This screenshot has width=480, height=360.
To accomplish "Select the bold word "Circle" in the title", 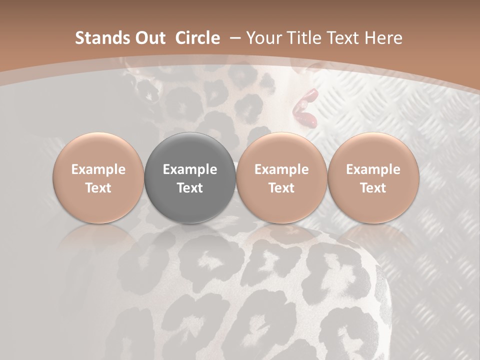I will click(197, 38).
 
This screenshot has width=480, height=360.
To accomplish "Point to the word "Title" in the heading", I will click(302, 38).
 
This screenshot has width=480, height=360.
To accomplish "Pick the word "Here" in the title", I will click(384, 38).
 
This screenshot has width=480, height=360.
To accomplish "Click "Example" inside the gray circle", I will click(190, 169).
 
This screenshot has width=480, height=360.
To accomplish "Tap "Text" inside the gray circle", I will click(190, 188).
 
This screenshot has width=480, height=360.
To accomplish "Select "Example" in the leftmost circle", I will click(98, 169).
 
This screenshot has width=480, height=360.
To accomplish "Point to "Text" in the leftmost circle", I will click(98, 188).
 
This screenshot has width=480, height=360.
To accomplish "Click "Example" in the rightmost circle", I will click(373, 169).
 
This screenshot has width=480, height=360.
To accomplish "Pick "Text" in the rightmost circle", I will click(373, 188).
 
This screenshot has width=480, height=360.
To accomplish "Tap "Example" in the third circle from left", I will click(281, 169).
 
